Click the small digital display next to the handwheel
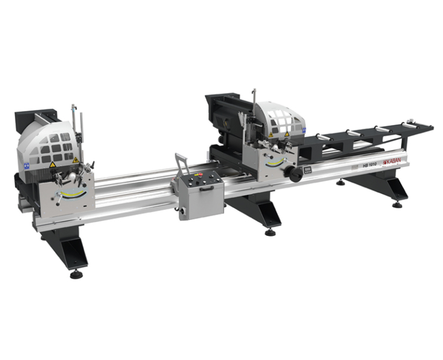click(307, 170)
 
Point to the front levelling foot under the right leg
click(397, 205)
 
